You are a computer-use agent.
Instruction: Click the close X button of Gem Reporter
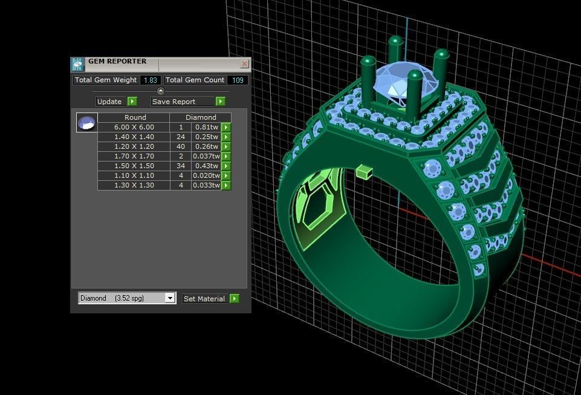pyautogui.click(x=244, y=64)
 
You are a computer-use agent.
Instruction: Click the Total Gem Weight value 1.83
pyautogui.click(x=151, y=80)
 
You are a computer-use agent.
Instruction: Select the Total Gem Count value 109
pyautogui.click(x=238, y=80)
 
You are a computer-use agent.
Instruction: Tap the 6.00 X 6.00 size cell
pyautogui.click(x=134, y=127)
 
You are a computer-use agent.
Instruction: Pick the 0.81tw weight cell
pyautogui.click(x=206, y=127)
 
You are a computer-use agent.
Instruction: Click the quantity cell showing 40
pyautogui.click(x=181, y=146)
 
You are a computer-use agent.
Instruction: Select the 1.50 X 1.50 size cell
pyautogui.click(x=134, y=166)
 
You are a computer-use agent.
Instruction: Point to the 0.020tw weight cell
pyautogui.click(x=206, y=175)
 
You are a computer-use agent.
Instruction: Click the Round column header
pyautogui.click(x=135, y=117)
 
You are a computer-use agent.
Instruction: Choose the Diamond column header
pyautogui.click(x=201, y=117)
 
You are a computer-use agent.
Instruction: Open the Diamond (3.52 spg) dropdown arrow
pyautogui.click(x=170, y=298)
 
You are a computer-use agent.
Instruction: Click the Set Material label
pyautogui.click(x=204, y=299)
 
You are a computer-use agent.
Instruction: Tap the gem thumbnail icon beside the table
pyautogui.click(x=86, y=122)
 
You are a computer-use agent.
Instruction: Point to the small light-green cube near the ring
pyautogui.click(x=363, y=172)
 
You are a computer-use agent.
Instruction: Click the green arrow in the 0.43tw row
pyautogui.click(x=226, y=166)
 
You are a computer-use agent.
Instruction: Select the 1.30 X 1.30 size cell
pyautogui.click(x=134, y=185)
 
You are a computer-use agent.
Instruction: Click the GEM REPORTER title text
pyautogui.click(x=117, y=61)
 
